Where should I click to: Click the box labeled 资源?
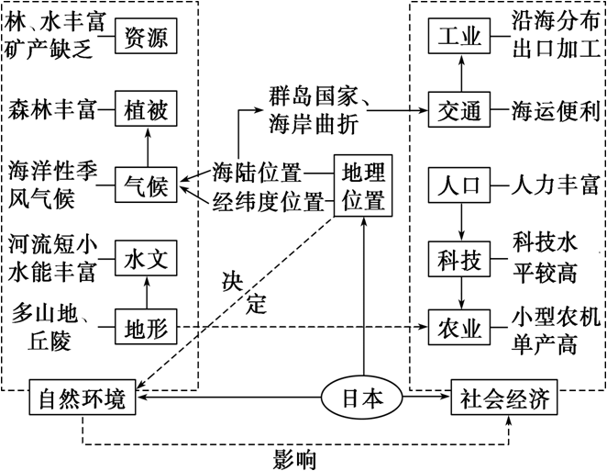(x=146, y=38)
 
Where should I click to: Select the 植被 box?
(x=146, y=111)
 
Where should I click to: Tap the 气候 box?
(x=146, y=186)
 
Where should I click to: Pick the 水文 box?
(x=146, y=261)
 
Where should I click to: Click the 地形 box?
(x=146, y=327)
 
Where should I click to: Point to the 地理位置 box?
(x=364, y=185)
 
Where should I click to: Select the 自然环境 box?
(x=82, y=400)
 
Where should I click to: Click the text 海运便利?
(x=556, y=111)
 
